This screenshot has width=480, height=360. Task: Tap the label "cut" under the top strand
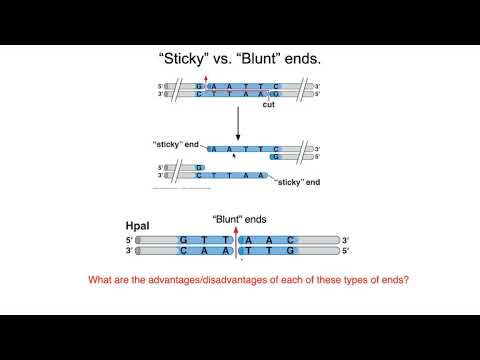(267, 104)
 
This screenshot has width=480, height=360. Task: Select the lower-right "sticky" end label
(296, 183)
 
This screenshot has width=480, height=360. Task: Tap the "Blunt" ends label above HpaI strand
(239, 219)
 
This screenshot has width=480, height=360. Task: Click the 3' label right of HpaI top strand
(345, 241)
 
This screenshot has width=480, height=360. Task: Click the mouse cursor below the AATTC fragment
(233, 156)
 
